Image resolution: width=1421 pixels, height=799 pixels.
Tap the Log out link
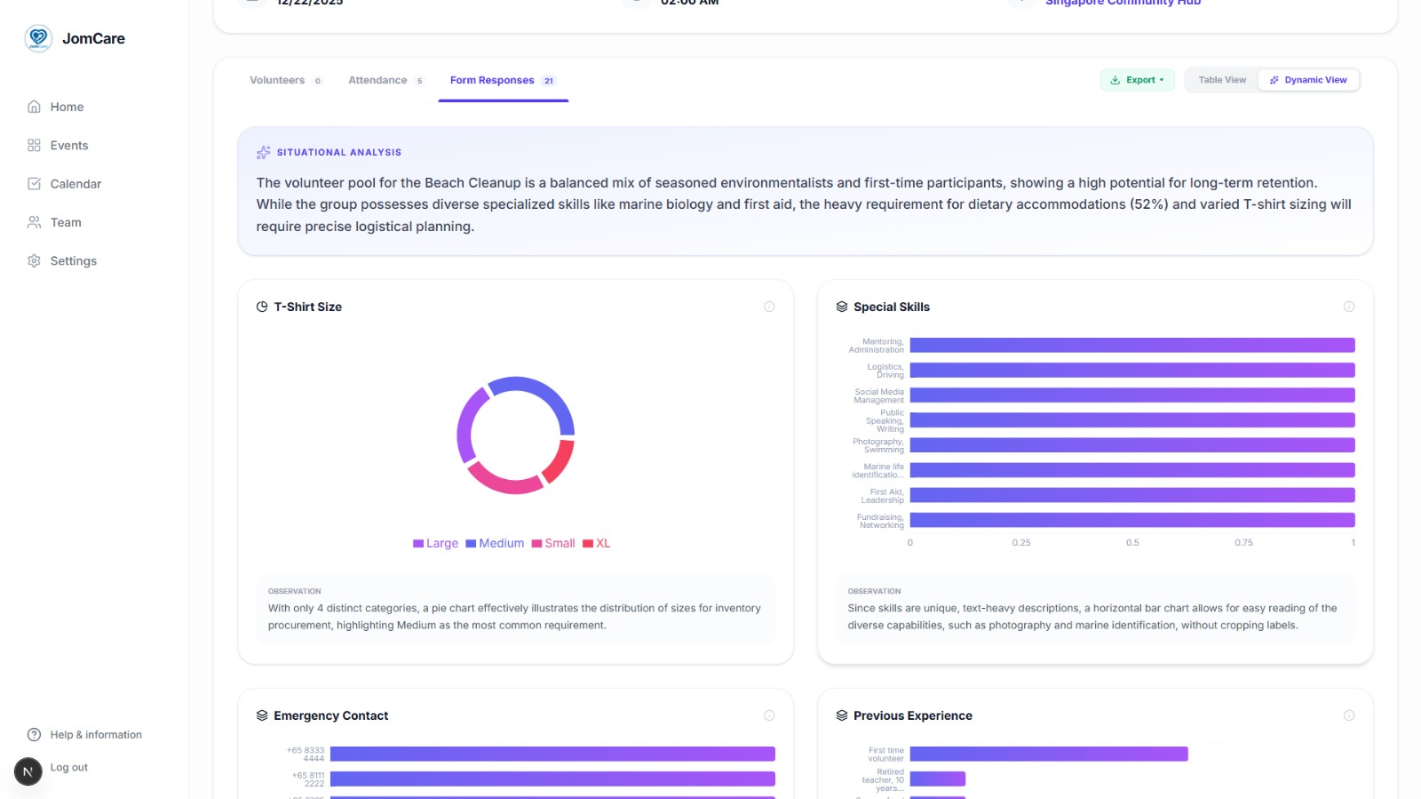click(68, 768)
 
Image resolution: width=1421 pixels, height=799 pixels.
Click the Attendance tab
click(377, 80)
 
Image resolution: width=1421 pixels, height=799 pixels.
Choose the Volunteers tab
click(277, 80)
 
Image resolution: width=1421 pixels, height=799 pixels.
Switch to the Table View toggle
click(1222, 80)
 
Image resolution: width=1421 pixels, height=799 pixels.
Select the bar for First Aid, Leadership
click(1131, 495)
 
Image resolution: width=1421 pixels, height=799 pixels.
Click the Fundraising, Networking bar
click(1131, 520)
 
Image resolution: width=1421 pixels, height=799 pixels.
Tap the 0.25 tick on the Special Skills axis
click(1021, 542)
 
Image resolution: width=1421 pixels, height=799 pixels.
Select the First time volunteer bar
click(1048, 754)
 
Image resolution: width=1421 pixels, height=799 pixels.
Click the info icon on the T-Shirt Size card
click(769, 307)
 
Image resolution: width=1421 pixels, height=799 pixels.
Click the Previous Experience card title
click(912, 715)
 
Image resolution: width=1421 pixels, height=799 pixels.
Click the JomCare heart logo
click(38, 38)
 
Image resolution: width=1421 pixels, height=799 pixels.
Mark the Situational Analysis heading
click(338, 153)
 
